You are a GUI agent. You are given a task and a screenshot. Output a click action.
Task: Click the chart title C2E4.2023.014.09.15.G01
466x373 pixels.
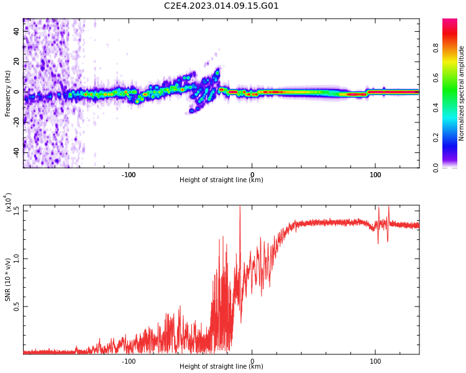point(221,6)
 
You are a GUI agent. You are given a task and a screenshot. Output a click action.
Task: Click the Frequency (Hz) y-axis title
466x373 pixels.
point(8,93)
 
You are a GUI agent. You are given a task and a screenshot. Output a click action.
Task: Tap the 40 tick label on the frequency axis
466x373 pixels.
point(17,30)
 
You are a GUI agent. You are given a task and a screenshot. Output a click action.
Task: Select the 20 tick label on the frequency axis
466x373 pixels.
point(17,61)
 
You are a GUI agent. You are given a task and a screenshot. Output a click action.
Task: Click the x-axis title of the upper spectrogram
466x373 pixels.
point(221,180)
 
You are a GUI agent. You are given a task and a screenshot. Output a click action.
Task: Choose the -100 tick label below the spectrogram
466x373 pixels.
point(129,175)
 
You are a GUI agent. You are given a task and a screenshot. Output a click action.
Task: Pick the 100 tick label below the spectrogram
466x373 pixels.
point(375,175)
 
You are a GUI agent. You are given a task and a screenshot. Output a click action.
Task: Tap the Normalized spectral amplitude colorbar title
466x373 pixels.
point(462,93)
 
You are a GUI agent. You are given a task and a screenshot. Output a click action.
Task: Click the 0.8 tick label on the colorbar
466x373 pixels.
point(454,48)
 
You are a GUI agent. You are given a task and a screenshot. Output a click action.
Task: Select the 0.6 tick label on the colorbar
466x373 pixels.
point(454,78)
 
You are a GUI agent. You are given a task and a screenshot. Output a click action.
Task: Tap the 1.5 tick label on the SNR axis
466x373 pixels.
point(17,210)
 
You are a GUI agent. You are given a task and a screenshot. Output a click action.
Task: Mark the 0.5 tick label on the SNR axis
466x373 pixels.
point(17,306)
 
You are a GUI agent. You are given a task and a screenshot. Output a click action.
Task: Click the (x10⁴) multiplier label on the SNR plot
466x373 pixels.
point(8,203)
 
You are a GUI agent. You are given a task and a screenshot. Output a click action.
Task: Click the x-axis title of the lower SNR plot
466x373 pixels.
point(221,367)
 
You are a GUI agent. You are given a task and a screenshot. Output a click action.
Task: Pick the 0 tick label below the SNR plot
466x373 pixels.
point(252,361)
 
